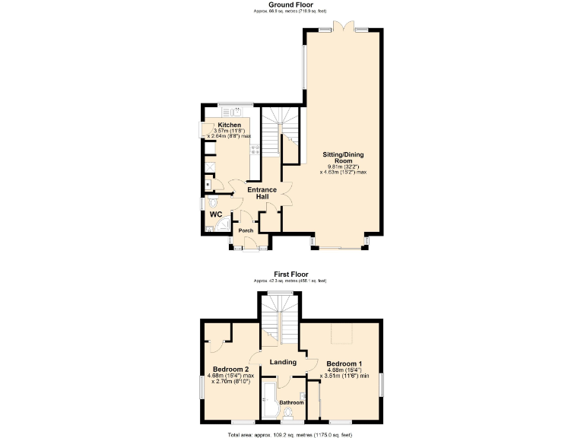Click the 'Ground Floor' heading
click(x=291, y=5)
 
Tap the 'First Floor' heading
click(x=291, y=275)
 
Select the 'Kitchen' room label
click(x=230, y=125)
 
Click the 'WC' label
click(x=215, y=214)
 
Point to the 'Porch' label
click(x=246, y=230)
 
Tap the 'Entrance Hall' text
click(x=262, y=193)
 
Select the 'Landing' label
click(x=282, y=363)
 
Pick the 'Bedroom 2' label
click(x=221, y=369)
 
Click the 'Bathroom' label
click(x=290, y=402)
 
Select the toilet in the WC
click(x=212, y=202)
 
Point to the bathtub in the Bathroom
click(x=269, y=401)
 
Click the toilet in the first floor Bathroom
click(x=290, y=414)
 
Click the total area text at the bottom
click(x=291, y=434)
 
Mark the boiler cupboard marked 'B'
click(x=208, y=183)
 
